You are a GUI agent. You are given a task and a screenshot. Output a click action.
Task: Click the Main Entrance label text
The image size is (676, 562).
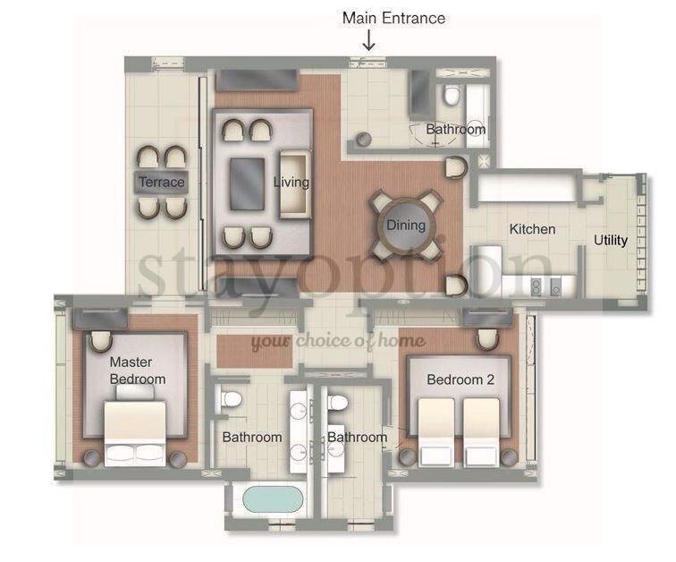pyautogui.click(x=393, y=18)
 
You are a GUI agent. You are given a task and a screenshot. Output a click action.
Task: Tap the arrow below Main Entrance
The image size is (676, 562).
pyautogui.click(x=368, y=40)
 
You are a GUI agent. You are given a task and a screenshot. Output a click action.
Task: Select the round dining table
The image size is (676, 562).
pyautogui.click(x=406, y=226)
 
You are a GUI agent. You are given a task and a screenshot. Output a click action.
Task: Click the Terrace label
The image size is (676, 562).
pyautogui.click(x=162, y=182)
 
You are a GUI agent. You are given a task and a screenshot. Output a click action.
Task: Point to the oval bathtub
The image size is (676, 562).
pyautogui.click(x=273, y=499)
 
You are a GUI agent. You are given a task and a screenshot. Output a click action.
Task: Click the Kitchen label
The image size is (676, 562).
pyautogui.click(x=532, y=229)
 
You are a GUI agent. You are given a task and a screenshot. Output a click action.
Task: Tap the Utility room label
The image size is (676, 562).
pyautogui.click(x=611, y=240)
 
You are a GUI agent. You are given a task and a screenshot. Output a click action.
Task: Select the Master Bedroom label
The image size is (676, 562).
pyautogui.click(x=138, y=370)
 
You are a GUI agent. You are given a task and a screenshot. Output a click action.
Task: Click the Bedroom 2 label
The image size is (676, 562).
pyautogui.click(x=461, y=379)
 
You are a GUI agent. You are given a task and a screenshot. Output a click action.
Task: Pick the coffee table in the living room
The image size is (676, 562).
pyautogui.click(x=247, y=184)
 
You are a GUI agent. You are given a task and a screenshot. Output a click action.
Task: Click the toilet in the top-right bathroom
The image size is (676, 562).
pyautogui.click(x=452, y=96)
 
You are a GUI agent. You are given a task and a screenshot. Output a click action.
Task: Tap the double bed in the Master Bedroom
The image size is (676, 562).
pyautogui.click(x=135, y=433)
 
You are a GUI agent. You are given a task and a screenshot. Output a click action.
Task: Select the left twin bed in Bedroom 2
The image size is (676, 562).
pyautogui.click(x=435, y=432)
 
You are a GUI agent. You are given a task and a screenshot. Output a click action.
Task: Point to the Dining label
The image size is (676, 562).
pyautogui.click(x=406, y=226)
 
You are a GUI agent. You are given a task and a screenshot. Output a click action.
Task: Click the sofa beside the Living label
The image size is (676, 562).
pyautogui.click(x=295, y=184)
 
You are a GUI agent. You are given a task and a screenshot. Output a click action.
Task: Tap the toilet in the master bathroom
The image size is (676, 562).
pyautogui.click(x=231, y=399)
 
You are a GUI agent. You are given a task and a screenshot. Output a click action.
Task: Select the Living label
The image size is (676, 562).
pyautogui.click(x=292, y=183)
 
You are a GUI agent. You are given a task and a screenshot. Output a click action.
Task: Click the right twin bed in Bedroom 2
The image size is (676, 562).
pyautogui.click(x=481, y=432)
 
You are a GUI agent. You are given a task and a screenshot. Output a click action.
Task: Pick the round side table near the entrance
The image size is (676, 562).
pyautogui.click(x=363, y=139)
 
